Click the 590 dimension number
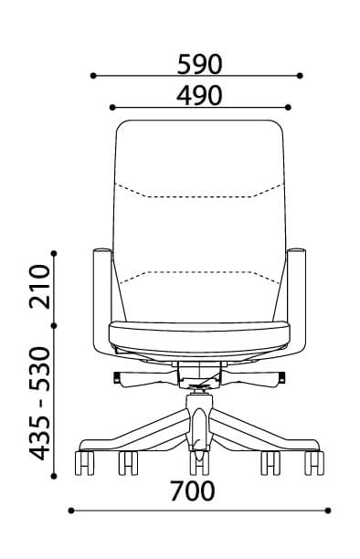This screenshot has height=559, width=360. point(199,64)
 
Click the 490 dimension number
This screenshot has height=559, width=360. point(199,96)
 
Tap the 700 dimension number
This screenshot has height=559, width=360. point(192,491)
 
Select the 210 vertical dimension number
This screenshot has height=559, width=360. point(39,286)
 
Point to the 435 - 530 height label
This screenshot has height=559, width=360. point(39,403)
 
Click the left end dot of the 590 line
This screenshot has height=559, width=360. point(93,76)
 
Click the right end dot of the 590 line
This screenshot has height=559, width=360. point(300,76)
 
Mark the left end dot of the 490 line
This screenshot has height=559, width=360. point(112,107)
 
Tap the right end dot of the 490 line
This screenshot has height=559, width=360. point(289,107)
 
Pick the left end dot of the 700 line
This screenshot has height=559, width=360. point(71,511)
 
